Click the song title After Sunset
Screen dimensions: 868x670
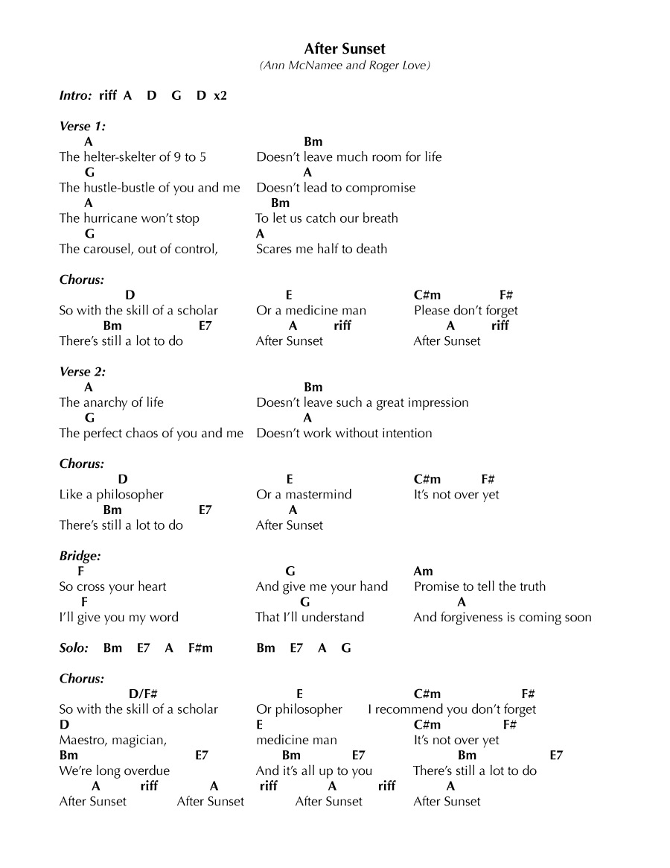tap(345, 48)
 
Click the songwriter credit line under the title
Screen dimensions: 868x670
tap(345, 66)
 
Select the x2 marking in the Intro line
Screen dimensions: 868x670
tap(220, 96)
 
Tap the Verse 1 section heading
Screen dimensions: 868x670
tap(82, 126)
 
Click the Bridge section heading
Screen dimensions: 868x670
tap(80, 556)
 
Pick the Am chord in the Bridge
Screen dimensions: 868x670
tap(423, 571)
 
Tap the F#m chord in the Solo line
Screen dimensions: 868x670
tap(200, 648)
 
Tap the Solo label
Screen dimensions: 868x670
tap(74, 648)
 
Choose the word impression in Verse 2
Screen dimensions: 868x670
tap(436, 403)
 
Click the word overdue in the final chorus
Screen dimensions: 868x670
tap(145, 771)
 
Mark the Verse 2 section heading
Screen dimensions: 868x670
tap(82, 372)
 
